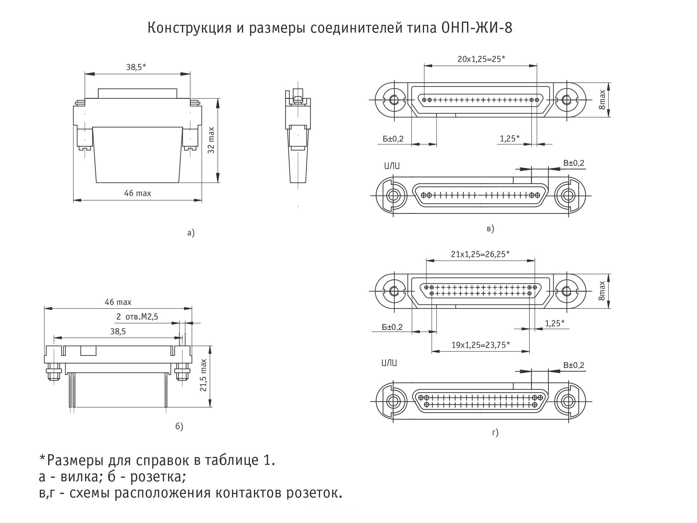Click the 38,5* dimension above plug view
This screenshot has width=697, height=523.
click(136, 67)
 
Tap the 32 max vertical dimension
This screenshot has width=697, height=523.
click(211, 140)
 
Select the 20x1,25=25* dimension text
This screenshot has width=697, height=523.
click(481, 59)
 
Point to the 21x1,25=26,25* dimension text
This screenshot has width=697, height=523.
click(480, 254)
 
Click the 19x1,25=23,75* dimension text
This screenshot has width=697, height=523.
click(480, 345)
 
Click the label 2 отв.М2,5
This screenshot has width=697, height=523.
click(137, 317)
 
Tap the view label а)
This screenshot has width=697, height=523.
click(191, 233)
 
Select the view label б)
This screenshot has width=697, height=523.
click(179, 427)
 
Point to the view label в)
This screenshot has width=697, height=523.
click(490, 229)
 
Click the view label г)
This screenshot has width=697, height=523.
click(495, 432)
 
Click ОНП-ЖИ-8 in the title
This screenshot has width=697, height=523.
click(476, 28)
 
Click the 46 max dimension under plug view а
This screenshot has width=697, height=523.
click(138, 194)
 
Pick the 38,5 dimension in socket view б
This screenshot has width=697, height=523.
click(118, 331)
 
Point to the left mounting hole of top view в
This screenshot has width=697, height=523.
click(394, 100)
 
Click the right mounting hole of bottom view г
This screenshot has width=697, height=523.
click(567, 402)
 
